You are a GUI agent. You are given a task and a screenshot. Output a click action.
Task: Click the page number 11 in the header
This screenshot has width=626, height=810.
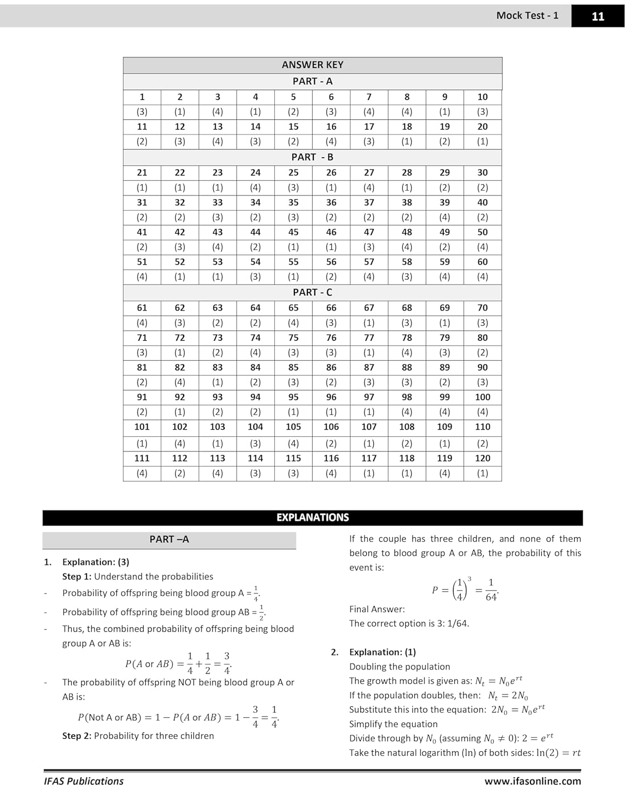click(597, 16)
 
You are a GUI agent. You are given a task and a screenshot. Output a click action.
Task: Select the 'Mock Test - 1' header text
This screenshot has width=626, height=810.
click(527, 16)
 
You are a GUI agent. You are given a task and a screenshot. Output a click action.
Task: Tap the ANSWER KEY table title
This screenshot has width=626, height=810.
click(312, 65)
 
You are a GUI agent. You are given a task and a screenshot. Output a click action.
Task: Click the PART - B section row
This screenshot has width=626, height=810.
click(312, 157)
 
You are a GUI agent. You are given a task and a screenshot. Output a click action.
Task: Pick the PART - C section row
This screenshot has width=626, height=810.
click(312, 292)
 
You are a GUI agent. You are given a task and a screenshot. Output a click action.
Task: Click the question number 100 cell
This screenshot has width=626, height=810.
click(482, 397)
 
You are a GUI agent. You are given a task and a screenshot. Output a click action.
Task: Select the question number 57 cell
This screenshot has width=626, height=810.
click(369, 262)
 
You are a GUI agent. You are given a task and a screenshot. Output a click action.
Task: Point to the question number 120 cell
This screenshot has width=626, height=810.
click(482, 458)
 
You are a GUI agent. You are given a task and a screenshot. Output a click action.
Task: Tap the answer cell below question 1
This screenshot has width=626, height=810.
click(142, 112)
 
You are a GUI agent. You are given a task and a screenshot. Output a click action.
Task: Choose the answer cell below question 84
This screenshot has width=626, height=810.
click(255, 382)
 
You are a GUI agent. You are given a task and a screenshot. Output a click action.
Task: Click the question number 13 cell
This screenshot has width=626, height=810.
click(218, 126)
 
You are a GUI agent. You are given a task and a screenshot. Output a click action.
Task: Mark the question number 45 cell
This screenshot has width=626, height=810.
click(293, 232)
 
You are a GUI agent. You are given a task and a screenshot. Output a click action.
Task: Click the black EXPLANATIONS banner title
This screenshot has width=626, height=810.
click(312, 517)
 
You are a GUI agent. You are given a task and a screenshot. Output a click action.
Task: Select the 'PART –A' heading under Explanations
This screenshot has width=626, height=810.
click(169, 539)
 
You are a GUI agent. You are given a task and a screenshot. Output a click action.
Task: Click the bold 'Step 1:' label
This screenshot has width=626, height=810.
click(77, 577)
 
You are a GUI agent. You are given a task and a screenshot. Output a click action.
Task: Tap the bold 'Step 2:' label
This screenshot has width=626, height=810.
click(77, 736)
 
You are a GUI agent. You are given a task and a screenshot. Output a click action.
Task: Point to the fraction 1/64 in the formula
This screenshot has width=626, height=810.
click(490, 590)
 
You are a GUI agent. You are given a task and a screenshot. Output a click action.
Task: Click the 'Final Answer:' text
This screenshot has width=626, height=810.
click(376, 609)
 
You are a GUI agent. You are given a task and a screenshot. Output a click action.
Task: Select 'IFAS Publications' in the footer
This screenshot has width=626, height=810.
click(84, 781)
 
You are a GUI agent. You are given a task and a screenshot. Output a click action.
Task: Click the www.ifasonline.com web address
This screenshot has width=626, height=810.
click(532, 781)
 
